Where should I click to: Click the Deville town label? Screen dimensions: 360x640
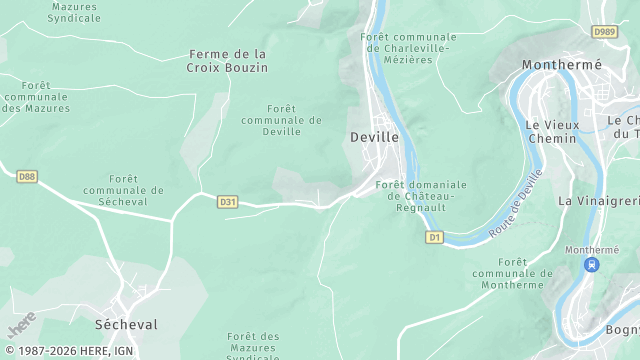click(x=375, y=137)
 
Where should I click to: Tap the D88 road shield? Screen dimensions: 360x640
click(x=27, y=177)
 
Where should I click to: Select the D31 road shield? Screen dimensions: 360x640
click(x=228, y=202)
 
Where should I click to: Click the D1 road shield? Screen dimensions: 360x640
click(x=434, y=237)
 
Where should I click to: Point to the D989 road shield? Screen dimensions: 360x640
click(x=604, y=32)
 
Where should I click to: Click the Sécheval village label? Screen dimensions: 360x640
click(x=126, y=325)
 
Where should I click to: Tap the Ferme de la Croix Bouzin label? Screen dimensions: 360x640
click(x=227, y=60)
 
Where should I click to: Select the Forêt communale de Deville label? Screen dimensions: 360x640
click(x=281, y=120)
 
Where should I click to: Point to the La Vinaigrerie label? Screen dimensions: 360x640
click(x=598, y=201)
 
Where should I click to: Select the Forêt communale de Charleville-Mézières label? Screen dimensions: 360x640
click(x=405, y=48)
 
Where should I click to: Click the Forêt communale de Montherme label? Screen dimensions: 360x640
click(x=511, y=273)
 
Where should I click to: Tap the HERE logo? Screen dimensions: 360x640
click(x=22, y=323)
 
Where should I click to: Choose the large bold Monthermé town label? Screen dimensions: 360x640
click(x=562, y=65)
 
